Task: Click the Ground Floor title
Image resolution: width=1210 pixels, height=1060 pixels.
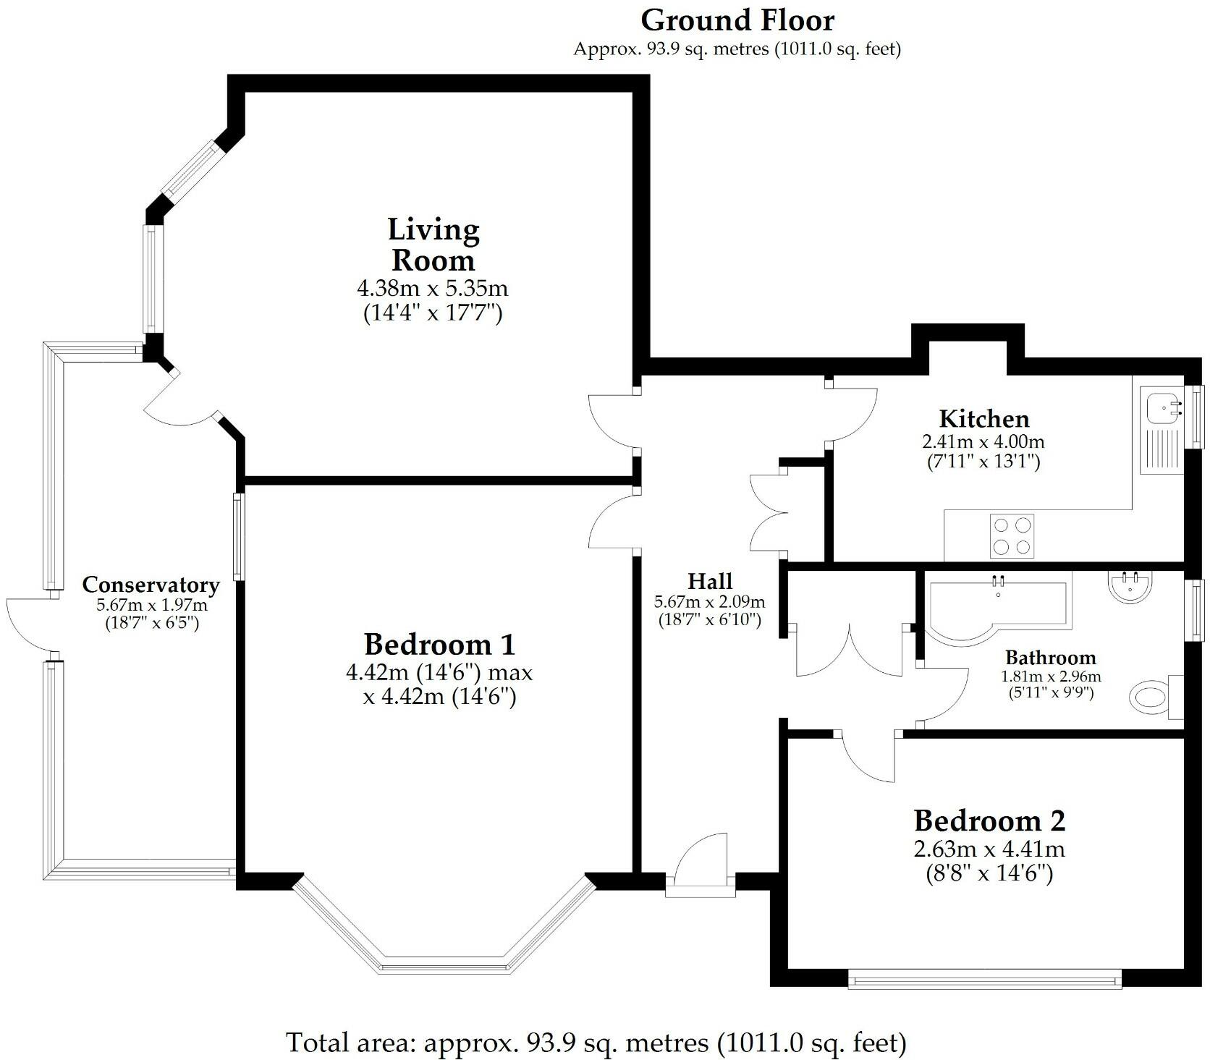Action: click(x=737, y=20)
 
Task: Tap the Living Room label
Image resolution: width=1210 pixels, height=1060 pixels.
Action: click(x=433, y=245)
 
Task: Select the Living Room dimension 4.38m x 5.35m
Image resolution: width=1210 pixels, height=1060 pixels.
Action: click(x=433, y=289)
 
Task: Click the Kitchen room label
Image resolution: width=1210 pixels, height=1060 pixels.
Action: click(x=983, y=419)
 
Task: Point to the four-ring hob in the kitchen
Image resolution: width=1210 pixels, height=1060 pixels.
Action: click(x=1012, y=536)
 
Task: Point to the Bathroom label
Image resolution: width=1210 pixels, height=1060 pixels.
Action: click(x=1051, y=658)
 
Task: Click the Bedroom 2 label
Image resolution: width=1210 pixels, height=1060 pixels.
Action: click(x=989, y=821)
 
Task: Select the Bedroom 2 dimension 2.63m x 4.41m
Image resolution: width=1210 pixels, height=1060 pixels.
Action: click(x=989, y=848)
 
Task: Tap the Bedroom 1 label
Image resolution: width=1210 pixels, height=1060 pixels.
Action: click(x=439, y=644)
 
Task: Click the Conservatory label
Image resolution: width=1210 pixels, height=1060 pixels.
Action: click(x=151, y=585)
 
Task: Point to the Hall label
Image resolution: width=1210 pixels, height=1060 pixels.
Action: click(x=709, y=581)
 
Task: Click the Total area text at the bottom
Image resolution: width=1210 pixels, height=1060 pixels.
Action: click(x=596, y=1043)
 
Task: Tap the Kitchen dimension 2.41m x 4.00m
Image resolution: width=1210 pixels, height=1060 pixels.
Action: click(x=983, y=441)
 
